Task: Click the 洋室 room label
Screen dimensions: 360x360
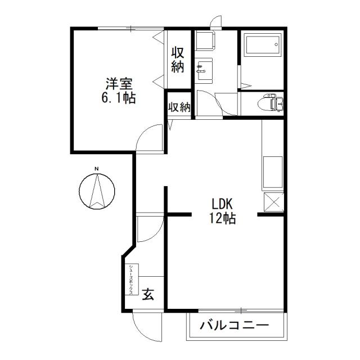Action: tap(119, 85)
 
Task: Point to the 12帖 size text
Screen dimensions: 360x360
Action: tap(224, 218)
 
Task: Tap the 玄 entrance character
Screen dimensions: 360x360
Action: tap(148, 294)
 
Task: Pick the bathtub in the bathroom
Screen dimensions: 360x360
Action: tap(262, 45)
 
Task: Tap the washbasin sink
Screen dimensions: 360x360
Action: tap(203, 70)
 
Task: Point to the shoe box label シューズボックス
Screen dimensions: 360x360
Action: tap(131, 280)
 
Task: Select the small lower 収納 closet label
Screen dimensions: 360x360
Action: tap(179, 107)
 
